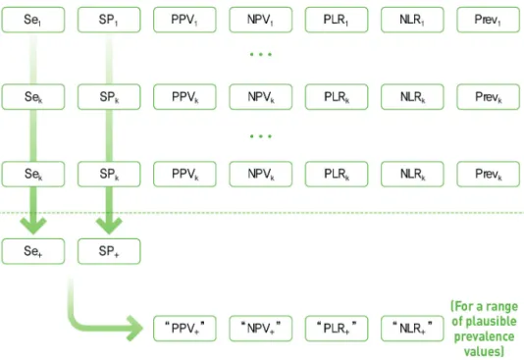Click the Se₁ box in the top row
click(x=33, y=20)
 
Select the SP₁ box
click(x=109, y=20)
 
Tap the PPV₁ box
click(x=184, y=20)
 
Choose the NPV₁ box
click(x=261, y=20)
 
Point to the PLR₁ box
click(x=337, y=20)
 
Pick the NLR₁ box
click(x=412, y=20)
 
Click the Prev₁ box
click(x=489, y=20)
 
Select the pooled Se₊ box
click(x=33, y=251)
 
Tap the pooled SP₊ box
click(x=109, y=251)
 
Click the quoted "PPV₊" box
click(x=184, y=329)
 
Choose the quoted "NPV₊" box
click(x=261, y=329)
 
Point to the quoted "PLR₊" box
click(x=337, y=329)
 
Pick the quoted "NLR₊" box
click(x=412, y=329)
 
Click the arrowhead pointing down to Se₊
click(x=33, y=226)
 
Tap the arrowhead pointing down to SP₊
click(x=109, y=226)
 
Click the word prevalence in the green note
click(x=484, y=336)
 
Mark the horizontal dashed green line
click(x=262, y=213)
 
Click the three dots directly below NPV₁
click(x=261, y=54)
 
